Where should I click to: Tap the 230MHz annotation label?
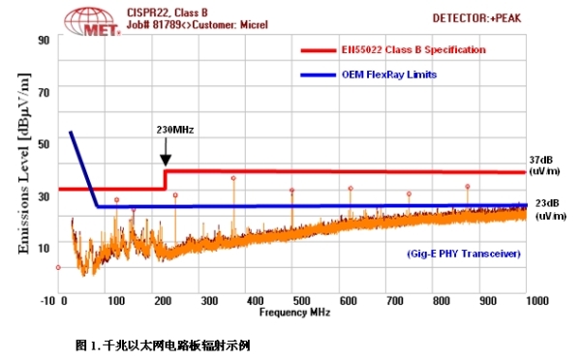click(174, 129)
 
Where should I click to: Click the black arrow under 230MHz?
click(166, 152)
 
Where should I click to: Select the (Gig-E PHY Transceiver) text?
click(463, 253)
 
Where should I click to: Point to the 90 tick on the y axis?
click(44, 40)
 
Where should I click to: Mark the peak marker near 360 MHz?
click(233, 178)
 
